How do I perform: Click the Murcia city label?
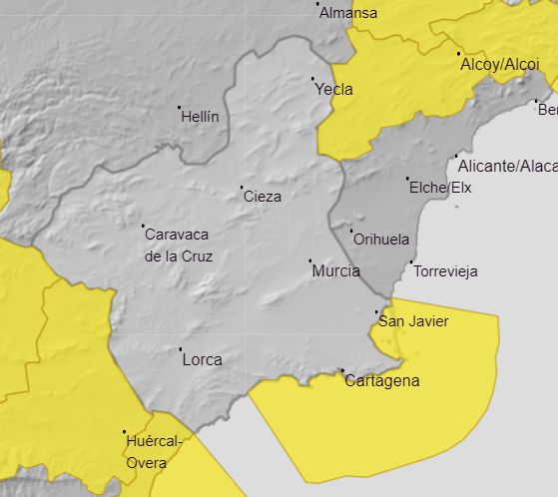[x=335, y=271]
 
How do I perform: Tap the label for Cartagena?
[x=381, y=381]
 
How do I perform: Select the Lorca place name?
[x=203, y=360]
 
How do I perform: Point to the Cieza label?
[x=263, y=197]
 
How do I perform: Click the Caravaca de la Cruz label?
[x=179, y=246]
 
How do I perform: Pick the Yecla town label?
[x=333, y=89]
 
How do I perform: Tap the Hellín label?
[x=200, y=117]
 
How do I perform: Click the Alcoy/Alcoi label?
[x=499, y=65]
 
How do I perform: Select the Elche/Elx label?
[x=439, y=188]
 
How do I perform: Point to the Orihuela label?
[x=381, y=240]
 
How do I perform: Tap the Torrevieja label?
[x=445, y=271]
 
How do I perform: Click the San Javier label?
[x=413, y=321]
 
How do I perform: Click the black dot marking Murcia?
[x=309, y=261]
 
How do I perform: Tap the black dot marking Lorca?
[x=181, y=349]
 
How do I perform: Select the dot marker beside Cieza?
[x=242, y=188]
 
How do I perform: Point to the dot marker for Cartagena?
[x=342, y=371]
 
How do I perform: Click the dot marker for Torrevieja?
[x=412, y=262]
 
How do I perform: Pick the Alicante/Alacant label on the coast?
[x=507, y=166]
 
